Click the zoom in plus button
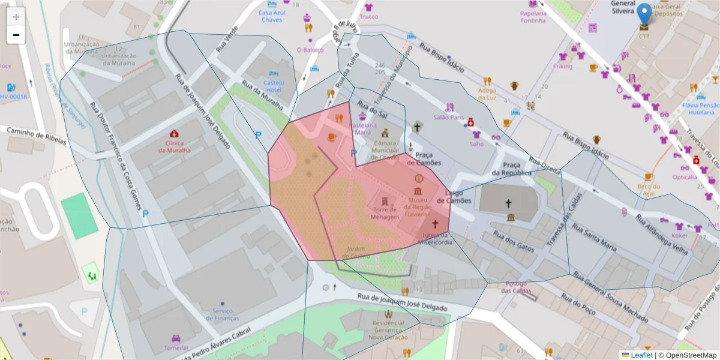coord(16,17)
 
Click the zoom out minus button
coord(16,35)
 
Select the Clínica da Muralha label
coord(174,146)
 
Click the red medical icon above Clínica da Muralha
coord(174,133)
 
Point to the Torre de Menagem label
coord(385,213)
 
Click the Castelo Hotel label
coord(274,86)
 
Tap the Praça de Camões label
coord(424,159)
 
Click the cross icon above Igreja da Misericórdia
coord(434,224)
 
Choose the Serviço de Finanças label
coord(222,314)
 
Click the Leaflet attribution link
coord(641,355)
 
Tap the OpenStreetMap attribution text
coord(687,355)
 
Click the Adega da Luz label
coord(487,94)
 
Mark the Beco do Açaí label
coord(648,190)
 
